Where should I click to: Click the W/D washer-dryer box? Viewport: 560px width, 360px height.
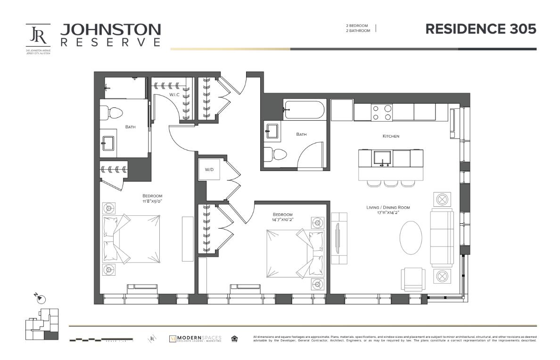coord(209,170)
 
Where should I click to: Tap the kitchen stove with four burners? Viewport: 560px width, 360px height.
coord(382,112)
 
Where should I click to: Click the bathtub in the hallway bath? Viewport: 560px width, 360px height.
coord(304,110)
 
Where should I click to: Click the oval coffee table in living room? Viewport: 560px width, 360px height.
coord(411,237)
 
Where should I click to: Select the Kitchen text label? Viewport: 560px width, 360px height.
coord(391,136)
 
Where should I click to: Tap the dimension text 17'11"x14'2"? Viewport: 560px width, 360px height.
coord(388,213)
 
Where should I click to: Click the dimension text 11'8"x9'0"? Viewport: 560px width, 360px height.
coord(152,201)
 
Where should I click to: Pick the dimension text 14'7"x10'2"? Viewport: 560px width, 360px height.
coord(282,220)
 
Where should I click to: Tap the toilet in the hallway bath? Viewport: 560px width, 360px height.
coord(275,155)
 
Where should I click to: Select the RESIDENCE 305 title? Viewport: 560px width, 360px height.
coord(481,29)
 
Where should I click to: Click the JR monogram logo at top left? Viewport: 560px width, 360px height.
coord(38,35)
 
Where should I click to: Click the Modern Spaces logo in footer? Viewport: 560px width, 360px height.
coord(195,338)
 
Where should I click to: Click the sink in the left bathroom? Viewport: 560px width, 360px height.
coord(107,142)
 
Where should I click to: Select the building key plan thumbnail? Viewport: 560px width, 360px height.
coord(41,324)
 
